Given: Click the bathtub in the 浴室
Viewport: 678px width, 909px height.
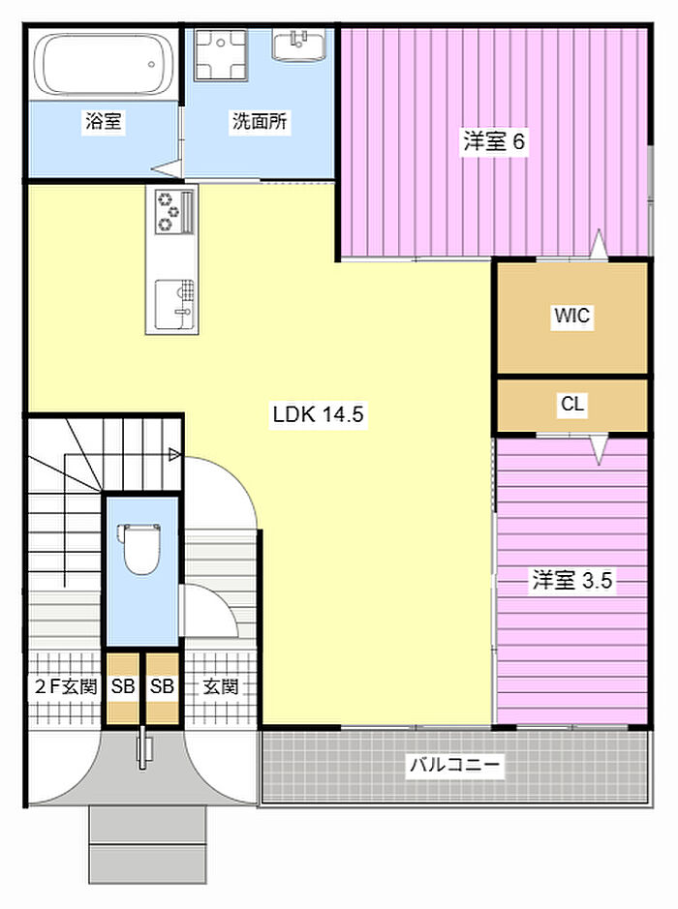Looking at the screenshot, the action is (105, 64).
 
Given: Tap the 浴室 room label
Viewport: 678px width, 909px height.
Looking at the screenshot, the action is (104, 122).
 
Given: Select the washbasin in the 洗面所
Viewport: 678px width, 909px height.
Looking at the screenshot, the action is (298, 45).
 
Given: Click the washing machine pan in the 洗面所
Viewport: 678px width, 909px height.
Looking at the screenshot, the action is (221, 54).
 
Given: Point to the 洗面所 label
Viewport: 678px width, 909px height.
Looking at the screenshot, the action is (260, 122).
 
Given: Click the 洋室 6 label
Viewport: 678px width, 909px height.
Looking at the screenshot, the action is (494, 141).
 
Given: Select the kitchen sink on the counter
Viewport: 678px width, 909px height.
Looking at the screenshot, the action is (174, 305).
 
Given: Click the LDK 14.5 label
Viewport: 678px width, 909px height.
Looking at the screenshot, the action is (319, 414).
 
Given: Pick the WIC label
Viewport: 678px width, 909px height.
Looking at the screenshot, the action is (571, 316).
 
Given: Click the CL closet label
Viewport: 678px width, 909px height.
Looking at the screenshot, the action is (572, 404).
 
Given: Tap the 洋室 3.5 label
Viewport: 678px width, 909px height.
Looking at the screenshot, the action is (572, 580).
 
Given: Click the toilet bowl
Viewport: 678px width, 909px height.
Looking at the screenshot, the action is (139, 549).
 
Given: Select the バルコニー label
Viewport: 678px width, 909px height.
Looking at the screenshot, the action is (454, 764).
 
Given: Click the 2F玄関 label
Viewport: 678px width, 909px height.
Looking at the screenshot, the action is (66, 687).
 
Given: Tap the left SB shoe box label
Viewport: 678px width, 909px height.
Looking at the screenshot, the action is (123, 687).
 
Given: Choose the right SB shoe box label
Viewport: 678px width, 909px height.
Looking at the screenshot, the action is (162, 687).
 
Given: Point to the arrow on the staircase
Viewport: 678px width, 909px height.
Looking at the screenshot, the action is (174, 455).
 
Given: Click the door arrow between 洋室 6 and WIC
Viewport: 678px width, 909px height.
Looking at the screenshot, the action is (599, 244).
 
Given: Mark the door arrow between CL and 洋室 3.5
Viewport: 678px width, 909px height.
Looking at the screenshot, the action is (599, 450).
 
